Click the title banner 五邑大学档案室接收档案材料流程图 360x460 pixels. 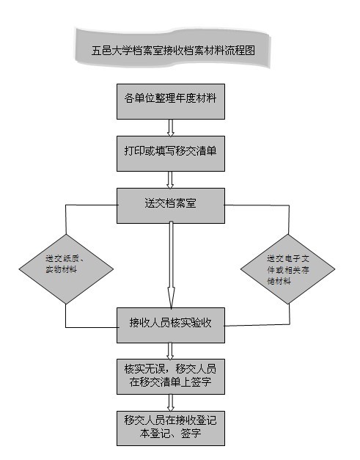[172, 48]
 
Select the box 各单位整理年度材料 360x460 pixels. [171, 101]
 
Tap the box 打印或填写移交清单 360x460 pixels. [171, 153]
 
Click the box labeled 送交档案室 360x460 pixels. [171, 205]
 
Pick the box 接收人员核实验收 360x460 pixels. [171, 325]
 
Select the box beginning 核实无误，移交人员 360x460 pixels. [171, 376]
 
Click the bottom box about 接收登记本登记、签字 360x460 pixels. [171, 428]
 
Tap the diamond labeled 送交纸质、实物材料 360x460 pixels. [66, 269]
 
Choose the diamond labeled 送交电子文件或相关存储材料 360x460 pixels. [288, 269]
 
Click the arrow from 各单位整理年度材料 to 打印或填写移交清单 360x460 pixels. [171, 128]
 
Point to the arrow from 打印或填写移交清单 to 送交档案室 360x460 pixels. [170, 180]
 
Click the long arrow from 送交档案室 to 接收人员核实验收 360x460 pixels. [172, 265]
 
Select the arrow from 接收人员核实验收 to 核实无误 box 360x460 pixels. [170, 351]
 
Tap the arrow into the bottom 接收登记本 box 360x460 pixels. [171, 403]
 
